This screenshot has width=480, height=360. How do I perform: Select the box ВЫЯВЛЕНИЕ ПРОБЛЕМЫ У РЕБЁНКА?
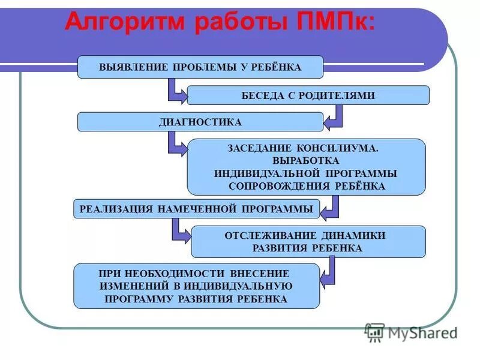pos(200,67)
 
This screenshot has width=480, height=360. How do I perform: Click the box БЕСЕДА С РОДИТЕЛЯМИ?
pos(308,95)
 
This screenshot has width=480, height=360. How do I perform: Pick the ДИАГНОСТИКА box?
pos(200,122)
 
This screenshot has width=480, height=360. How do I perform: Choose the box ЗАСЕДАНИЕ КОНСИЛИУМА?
pos(306,167)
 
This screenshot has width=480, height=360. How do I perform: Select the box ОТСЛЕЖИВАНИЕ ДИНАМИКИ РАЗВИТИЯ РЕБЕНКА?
pos(308,241)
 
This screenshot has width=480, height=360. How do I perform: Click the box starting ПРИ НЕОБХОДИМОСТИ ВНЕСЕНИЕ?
pos(196,286)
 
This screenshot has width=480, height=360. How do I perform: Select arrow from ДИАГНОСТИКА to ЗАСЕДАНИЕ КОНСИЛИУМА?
pos(176,144)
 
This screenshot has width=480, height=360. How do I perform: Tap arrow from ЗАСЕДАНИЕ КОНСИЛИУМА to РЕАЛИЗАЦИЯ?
pos(331,207)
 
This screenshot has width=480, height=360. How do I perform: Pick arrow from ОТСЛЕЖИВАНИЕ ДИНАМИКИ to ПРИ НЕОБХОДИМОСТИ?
pos(328,273)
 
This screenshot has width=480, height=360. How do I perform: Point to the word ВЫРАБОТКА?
pos(306,160)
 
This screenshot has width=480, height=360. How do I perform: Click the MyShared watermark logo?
pos(411,332)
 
